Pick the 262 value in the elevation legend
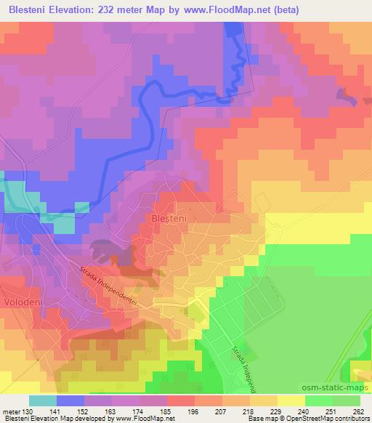pos(359,411)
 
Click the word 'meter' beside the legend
pos(12,411)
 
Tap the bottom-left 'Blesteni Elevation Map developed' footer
pos(58,419)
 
